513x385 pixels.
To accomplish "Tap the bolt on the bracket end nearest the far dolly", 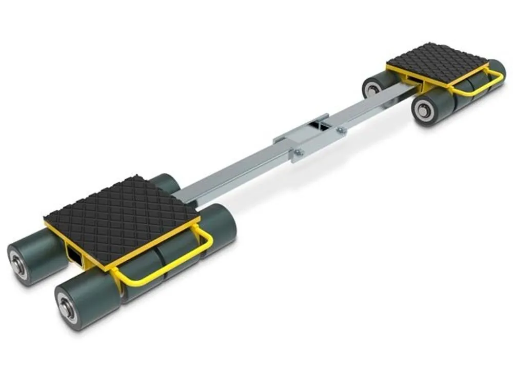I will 339,131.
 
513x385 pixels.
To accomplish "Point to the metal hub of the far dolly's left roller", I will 371,89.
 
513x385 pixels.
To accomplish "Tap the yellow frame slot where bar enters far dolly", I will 408,80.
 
